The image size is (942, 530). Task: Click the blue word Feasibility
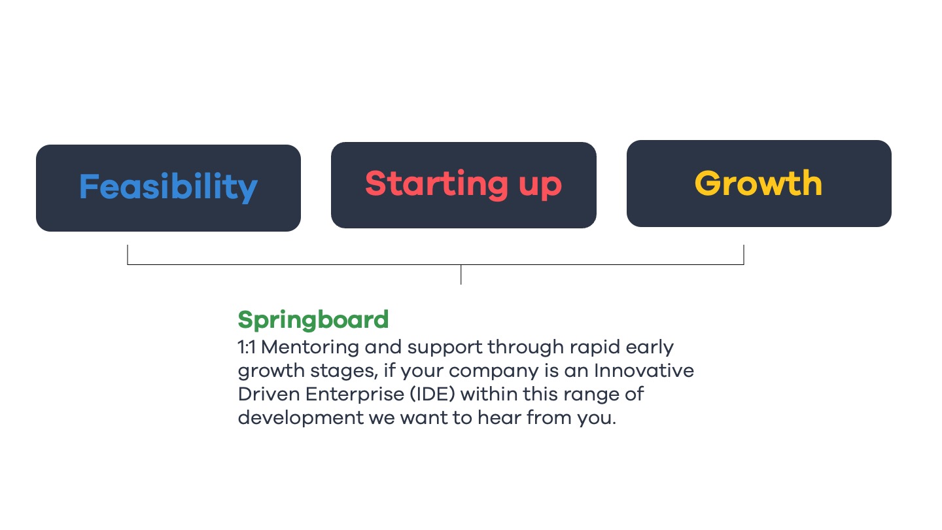[168, 187]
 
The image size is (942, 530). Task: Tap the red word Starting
[436, 185]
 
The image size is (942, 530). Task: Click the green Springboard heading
[313, 321]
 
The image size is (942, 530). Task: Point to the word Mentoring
[310, 347]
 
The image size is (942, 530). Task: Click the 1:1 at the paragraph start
[247, 347]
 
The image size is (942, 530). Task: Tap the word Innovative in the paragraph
[644, 371]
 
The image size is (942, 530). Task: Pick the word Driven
[269, 395]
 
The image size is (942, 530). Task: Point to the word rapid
[595, 348]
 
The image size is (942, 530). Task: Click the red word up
[540, 186]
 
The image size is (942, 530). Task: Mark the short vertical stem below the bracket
[461, 275]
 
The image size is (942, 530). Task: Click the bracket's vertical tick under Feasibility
[128, 255]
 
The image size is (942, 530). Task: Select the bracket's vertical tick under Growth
[744, 255]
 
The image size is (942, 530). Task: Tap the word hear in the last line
[499, 417]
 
